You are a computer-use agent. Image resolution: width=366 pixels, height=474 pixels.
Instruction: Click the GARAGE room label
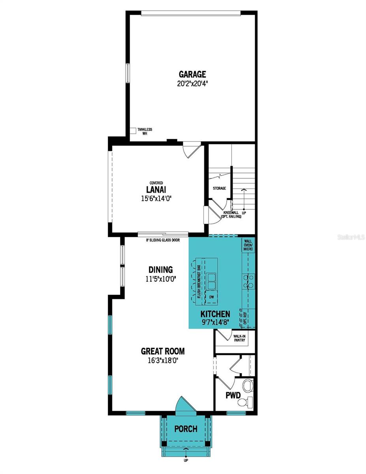pyautogui.click(x=192, y=74)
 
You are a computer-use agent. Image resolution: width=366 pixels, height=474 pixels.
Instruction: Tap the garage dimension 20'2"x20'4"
pyautogui.click(x=192, y=83)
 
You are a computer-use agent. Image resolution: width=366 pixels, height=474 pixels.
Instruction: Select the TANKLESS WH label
pyautogui.click(x=145, y=132)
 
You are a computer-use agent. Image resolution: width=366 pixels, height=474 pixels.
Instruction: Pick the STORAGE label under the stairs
pyautogui.click(x=220, y=188)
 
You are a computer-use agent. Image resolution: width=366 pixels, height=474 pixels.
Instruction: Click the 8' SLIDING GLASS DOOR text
pyautogui.click(x=163, y=239)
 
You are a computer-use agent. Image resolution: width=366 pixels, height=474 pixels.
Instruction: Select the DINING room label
pyautogui.click(x=161, y=270)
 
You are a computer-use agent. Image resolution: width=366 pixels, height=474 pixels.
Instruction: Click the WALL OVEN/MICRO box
pyautogui.click(x=249, y=246)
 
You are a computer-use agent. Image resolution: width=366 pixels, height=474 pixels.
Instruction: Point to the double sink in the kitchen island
pyautogui.click(x=212, y=281)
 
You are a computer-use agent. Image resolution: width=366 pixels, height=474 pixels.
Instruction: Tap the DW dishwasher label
pyautogui.click(x=212, y=296)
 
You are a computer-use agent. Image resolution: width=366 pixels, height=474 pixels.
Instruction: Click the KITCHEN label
pyautogui.click(x=215, y=314)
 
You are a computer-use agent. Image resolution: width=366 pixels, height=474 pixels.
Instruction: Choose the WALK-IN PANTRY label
pyautogui.click(x=239, y=338)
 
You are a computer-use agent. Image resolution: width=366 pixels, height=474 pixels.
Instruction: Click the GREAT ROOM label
pyautogui.click(x=163, y=351)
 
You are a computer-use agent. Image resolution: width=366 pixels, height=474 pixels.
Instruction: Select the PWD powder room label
pyautogui.click(x=233, y=395)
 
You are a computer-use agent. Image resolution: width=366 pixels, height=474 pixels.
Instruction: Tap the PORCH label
pyautogui.click(x=186, y=429)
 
